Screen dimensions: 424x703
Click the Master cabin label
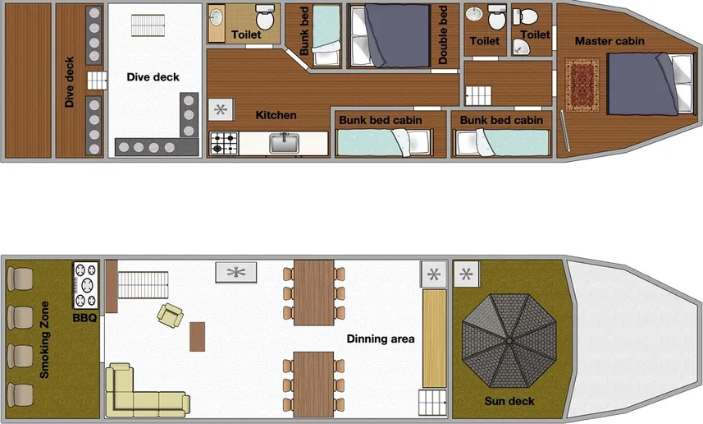coord(609,40)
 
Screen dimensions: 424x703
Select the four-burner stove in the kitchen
coord(222,144)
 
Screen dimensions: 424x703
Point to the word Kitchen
coord(276,115)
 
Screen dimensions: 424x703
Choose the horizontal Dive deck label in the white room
coord(153,77)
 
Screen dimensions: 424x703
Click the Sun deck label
coord(509,401)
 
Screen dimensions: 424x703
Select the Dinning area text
coord(380,339)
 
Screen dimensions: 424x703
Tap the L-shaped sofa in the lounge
coord(139,393)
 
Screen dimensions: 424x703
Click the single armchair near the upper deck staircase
coord(171,314)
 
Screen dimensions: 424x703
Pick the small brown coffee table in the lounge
coord(197,336)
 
